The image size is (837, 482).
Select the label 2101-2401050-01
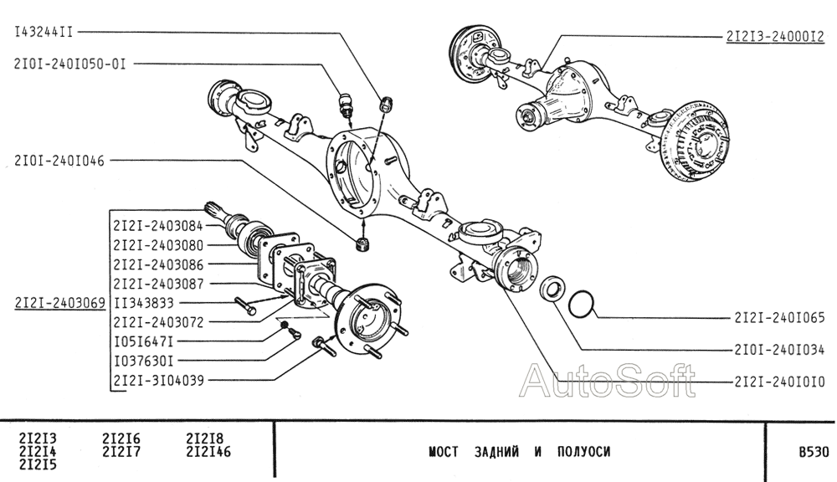pyautogui.click(x=69, y=63)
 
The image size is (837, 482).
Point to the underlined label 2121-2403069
pyautogui.click(x=59, y=302)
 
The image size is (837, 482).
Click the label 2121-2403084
pyautogui.click(x=157, y=226)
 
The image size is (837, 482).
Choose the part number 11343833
pyautogui.click(x=143, y=302)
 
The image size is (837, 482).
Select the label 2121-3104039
pyautogui.click(x=157, y=380)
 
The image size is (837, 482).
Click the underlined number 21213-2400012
pyautogui.click(x=775, y=36)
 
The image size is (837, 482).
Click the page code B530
pyautogui.click(x=813, y=452)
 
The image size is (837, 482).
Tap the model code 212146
pyautogui.click(x=208, y=453)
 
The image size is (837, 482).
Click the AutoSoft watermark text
pyautogui.click(x=607, y=382)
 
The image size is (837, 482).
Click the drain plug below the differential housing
pyautogui.click(x=362, y=244)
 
